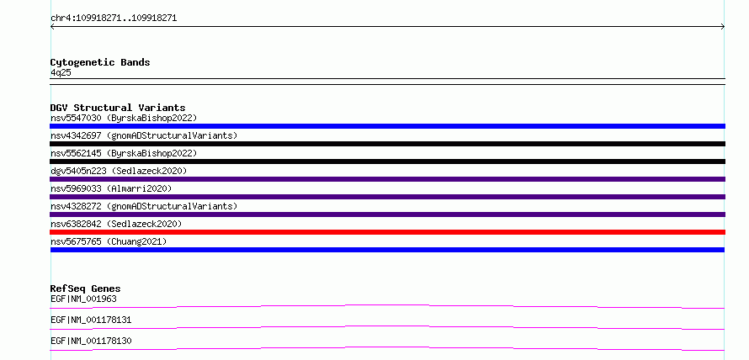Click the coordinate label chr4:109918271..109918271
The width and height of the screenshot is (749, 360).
(x=114, y=19)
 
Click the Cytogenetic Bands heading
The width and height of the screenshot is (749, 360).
(x=100, y=62)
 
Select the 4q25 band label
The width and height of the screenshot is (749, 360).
(x=61, y=72)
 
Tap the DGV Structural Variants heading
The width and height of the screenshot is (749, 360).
(x=118, y=108)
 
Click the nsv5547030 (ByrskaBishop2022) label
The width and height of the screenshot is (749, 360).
(x=124, y=118)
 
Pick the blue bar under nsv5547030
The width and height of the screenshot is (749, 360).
(x=387, y=126)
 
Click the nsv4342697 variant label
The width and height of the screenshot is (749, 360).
(x=144, y=135)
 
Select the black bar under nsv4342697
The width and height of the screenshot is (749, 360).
(x=387, y=144)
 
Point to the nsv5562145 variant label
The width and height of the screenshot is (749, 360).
(x=124, y=153)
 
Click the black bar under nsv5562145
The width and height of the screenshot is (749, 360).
(x=387, y=161)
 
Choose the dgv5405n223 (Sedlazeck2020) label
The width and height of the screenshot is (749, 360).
(x=119, y=171)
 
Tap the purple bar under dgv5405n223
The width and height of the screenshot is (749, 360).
(x=387, y=179)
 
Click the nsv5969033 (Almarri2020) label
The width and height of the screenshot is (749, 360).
(x=111, y=188)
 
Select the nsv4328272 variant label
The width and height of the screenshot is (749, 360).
(x=144, y=206)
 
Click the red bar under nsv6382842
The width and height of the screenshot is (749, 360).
(x=387, y=232)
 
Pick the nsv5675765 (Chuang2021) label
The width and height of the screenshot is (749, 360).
(x=109, y=241)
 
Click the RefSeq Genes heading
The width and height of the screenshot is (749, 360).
(x=86, y=289)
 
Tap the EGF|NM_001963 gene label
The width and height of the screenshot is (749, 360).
(x=83, y=299)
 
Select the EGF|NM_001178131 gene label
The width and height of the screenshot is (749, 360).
(x=91, y=320)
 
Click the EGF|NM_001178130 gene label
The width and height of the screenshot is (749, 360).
(x=91, y=341)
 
